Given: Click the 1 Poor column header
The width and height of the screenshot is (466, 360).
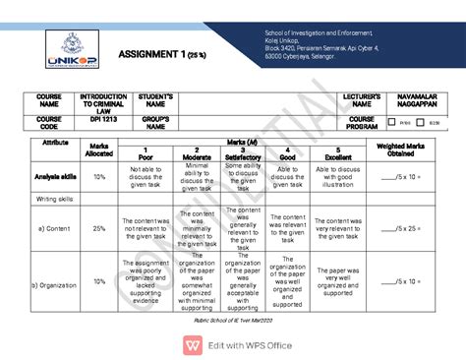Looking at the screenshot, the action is click(x=146, y=154).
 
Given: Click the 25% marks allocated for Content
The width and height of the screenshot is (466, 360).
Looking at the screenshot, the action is click(x=98, y=228).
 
